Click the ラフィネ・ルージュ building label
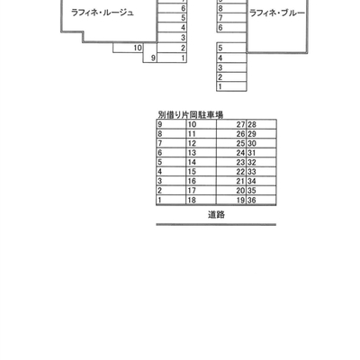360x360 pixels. [103, 13]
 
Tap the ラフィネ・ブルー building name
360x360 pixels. [277, 13]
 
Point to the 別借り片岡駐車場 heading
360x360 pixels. [191, 114]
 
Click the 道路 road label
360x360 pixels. [216, 215]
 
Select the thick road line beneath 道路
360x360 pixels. [216, 224]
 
